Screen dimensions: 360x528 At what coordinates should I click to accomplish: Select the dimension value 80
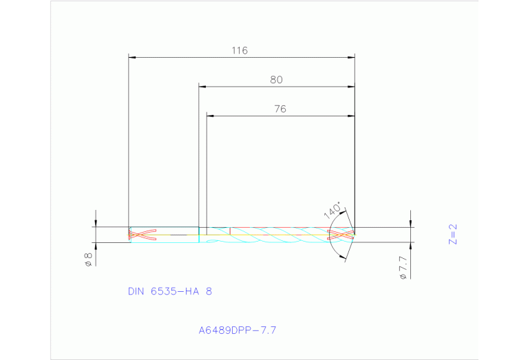click(x=276, y=80)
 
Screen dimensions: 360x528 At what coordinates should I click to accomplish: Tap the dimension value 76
click(x=279, y=109)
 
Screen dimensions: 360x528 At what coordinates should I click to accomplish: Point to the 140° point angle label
click(x=332, y=210)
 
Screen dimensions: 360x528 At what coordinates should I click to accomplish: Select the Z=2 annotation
click(x=452, y=234)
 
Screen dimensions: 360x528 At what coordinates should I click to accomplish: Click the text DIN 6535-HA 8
click(x=170, y=291)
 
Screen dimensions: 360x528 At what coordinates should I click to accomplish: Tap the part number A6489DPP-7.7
click(x=237, y=330)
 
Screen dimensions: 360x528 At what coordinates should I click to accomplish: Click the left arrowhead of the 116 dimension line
click(x=133, y=57)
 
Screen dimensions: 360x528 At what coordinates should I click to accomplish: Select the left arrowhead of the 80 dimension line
click(x=202, y=86)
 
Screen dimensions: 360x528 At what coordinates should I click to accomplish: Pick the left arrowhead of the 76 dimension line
click(x=211, y=115)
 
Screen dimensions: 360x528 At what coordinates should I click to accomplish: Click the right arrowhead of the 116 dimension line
click(x=351, y=57)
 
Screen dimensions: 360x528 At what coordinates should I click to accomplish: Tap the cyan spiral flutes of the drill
click(x=275, y=235)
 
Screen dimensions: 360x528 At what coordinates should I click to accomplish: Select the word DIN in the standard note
click(x=138, y=291)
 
